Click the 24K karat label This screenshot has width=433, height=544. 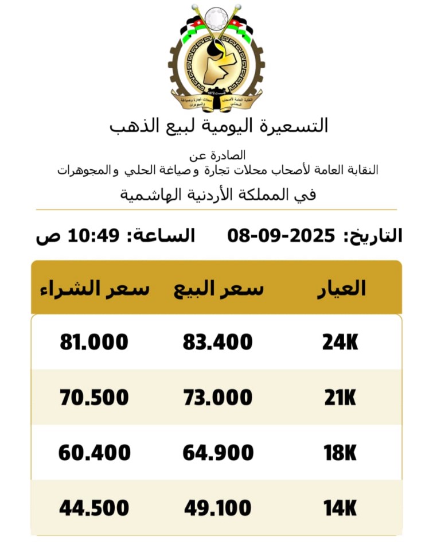(340, 343)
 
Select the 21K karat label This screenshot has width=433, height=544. (340, 398)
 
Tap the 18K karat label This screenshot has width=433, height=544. (340, 453)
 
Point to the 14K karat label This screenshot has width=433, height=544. (340, 508)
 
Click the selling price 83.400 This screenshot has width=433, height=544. (218, 343)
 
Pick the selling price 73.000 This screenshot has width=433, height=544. (218, 398)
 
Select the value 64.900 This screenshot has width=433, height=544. (218, 453)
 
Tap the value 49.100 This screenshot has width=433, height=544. (218, 508)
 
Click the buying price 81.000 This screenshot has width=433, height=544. (94, 343)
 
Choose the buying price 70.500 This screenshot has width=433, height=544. (94, 398)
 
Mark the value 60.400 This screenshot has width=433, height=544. (94, 453)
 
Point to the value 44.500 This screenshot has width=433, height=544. (94, 508)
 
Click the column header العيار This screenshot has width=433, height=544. (341, 288)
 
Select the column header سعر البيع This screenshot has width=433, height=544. (219, 289)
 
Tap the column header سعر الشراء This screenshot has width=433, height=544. (95, 289)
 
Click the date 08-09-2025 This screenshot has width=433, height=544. (281, 235)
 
